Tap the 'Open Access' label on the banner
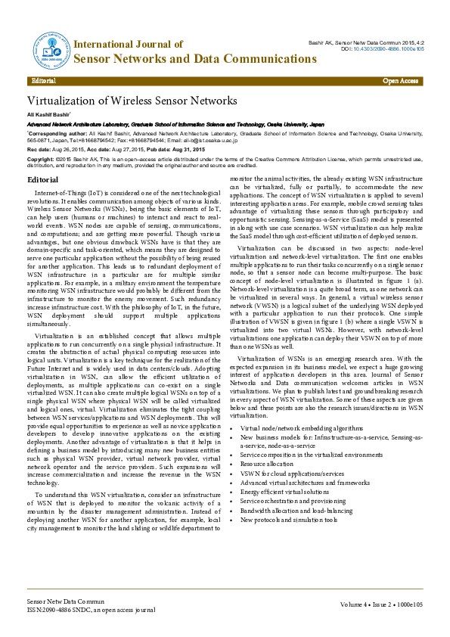[400, 80]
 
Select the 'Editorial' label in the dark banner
[44, 80]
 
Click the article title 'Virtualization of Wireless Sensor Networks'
[132, 101]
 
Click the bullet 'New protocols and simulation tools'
[288, 520]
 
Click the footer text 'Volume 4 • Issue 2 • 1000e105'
[381, 605]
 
